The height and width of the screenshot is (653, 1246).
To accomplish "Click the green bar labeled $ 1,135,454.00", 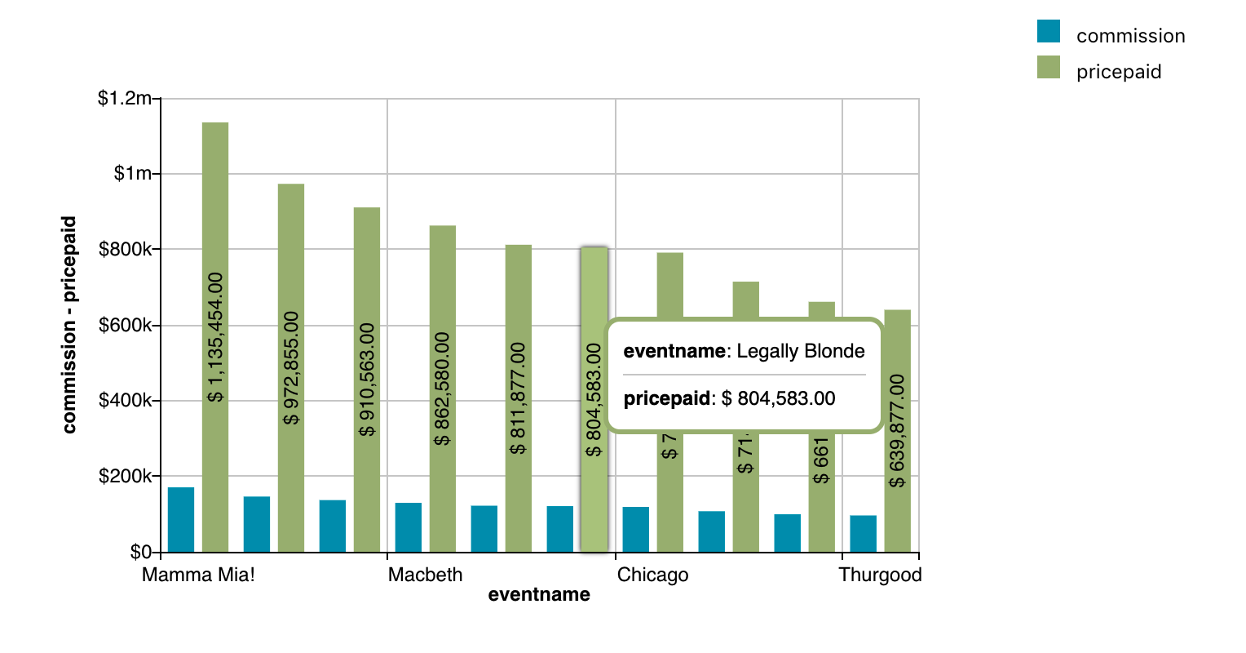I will (x=215, y=336).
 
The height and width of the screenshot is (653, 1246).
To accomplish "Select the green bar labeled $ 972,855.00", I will (x=291, y=367).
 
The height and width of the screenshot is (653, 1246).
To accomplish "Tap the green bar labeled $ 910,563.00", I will (x=367, y=380).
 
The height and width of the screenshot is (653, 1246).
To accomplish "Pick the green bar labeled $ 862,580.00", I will (x=443, y=389).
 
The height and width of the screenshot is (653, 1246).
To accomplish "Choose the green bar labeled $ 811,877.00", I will (x=519, y=398).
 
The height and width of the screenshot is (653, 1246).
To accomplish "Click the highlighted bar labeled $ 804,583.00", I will (x=594, y=400).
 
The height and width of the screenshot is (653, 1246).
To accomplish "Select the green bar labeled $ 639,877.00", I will (x=898, y=431).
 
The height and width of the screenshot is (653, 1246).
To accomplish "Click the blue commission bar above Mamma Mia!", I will (x=181, y=519).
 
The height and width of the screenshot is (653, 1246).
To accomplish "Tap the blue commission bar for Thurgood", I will (x=864, y=533).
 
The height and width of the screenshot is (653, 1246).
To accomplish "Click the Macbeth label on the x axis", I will (x=425, y=575).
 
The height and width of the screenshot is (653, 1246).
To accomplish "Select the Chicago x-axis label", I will (x=652, y=575).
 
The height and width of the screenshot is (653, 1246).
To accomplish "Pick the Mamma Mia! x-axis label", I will (x=198, y=575).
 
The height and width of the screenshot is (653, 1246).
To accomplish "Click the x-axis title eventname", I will (x=539, y=595).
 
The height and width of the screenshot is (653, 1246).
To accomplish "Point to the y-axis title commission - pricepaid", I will (x=69, y=324).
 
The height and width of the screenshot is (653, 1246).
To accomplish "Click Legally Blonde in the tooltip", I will (x=800, y=351).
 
